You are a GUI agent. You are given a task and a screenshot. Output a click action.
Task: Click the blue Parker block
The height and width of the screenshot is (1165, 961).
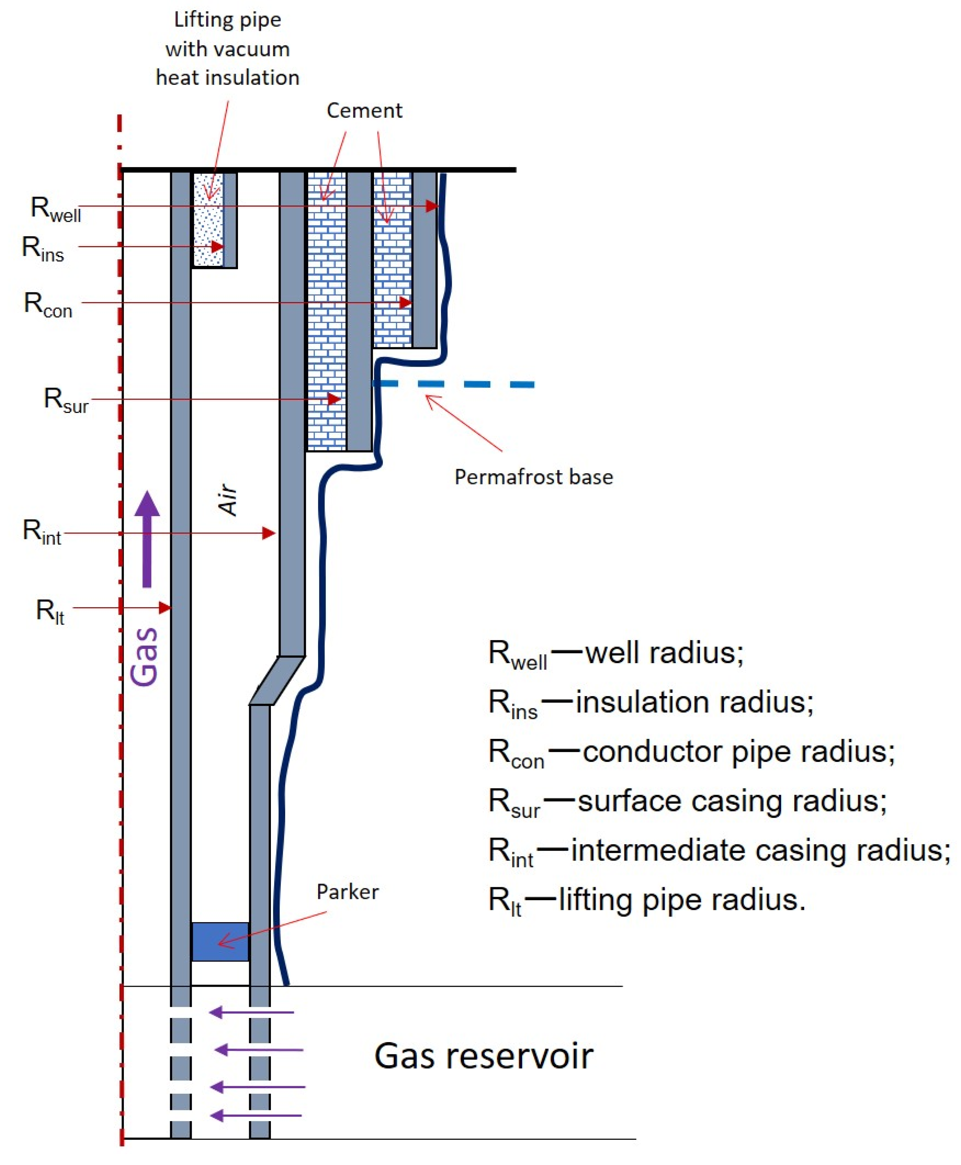[220, 941]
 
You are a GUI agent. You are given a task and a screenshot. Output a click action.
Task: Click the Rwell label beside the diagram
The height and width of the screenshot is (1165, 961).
[55, 209]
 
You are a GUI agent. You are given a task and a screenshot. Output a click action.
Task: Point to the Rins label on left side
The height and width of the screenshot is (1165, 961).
[43, 249]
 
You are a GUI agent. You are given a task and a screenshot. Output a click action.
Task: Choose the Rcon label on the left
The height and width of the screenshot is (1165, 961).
[48, 305]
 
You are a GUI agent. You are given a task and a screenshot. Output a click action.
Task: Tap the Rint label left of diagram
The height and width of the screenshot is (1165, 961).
[41, 531]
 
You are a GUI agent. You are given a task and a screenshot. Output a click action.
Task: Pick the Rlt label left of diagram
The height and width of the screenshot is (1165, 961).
[50, 611]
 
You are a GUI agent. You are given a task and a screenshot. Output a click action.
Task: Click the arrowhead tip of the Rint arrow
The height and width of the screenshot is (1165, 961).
[274, 533]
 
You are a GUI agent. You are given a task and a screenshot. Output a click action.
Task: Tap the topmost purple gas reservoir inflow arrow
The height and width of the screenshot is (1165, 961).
[252, 1012]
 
